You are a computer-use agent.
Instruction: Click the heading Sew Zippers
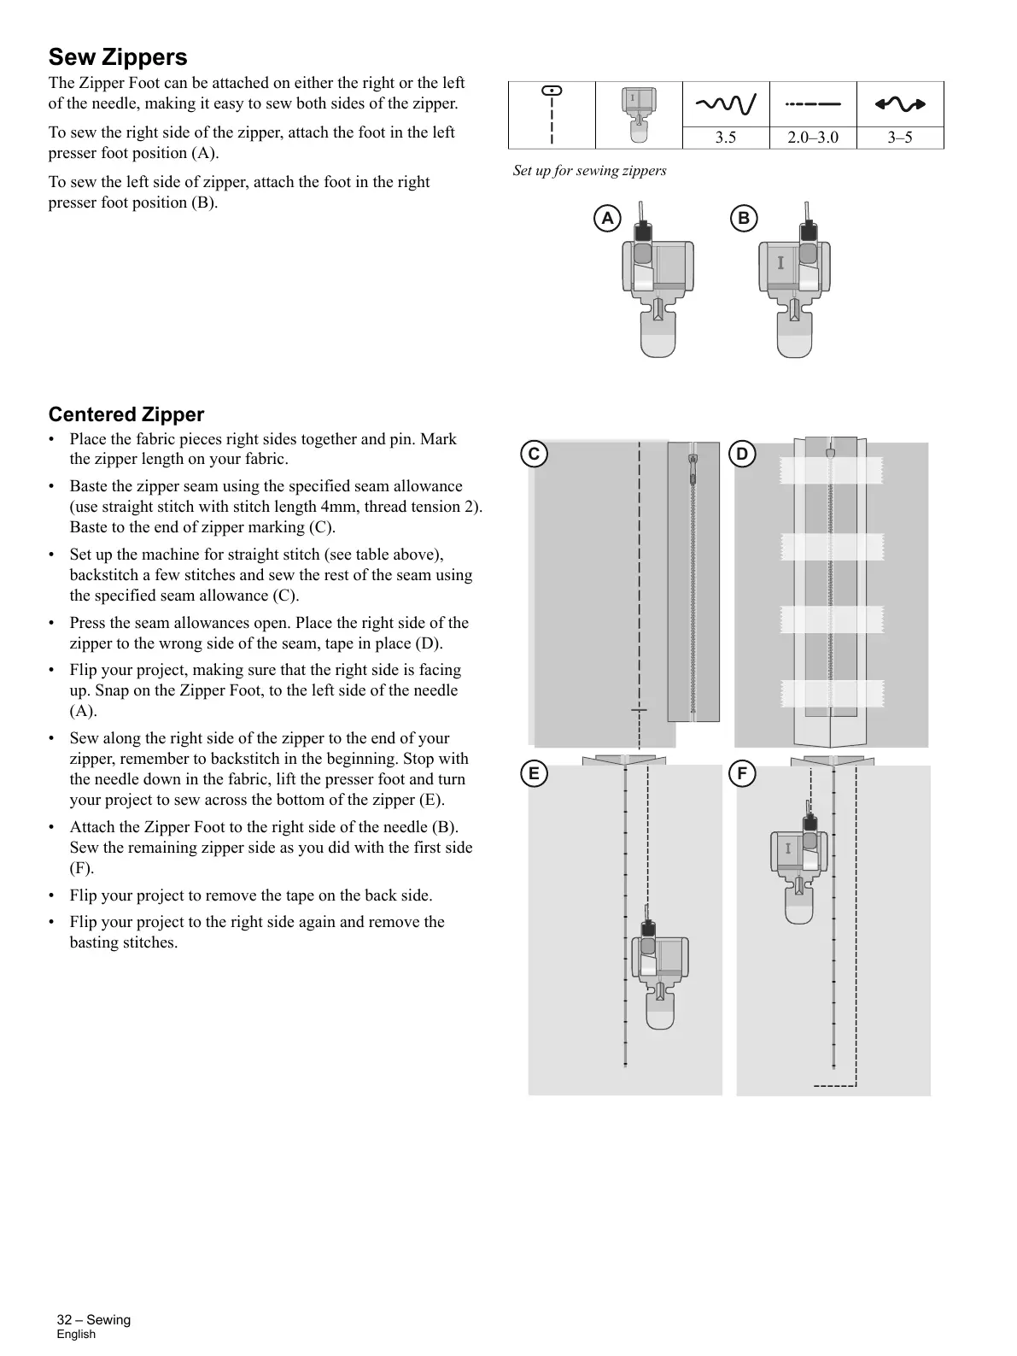(x=118, y=57)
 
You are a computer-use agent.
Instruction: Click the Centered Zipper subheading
(x=126, y=414)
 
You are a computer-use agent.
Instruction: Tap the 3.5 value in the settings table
(x=725, y=138)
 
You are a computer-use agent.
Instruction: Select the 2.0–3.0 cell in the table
(x=812, y=138)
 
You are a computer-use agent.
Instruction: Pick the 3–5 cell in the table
(x=899, y=138)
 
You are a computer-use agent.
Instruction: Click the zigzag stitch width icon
(x=725, y=104)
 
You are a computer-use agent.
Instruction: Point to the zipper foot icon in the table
(x=638, y=114)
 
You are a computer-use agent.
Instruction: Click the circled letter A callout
(x=607, y=219)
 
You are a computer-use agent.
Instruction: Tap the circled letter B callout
(x=744, y=219)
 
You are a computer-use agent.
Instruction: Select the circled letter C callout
(x=534, y=454)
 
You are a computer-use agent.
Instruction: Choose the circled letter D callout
(x=742, y=454)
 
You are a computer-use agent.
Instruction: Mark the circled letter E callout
(x=534, y=774)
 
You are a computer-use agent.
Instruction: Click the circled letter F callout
(x=742, y=774)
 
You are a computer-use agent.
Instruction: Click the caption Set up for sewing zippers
(x=589, y=171)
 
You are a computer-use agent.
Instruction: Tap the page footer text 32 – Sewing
(x=94, y=1319)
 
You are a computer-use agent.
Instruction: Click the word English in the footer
(x=76, y=1335)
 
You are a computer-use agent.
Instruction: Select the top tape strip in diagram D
(x=831, y=470)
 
